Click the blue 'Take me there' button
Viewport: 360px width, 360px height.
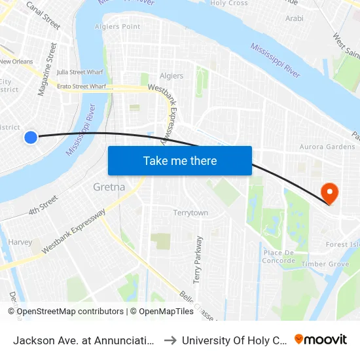pyautogui.click(x=179, y=160)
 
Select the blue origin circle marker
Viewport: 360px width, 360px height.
pyautogui.click(x=31, y=137)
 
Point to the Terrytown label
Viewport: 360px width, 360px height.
pyautogui.click(x=190, y=213)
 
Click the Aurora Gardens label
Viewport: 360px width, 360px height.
pyautogui.click(x=327, y=147)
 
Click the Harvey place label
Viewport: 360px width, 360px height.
pyautogui.click(x=20, y=242)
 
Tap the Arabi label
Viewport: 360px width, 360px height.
pyautogui.click(x=294, y=18)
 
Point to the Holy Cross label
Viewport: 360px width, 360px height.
pyautogui.click(x=228, y=3)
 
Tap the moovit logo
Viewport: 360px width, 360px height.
pyautogui.click(x=320, y=340)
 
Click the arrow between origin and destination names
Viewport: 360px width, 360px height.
pyautogui.click(x=168, y=340)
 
